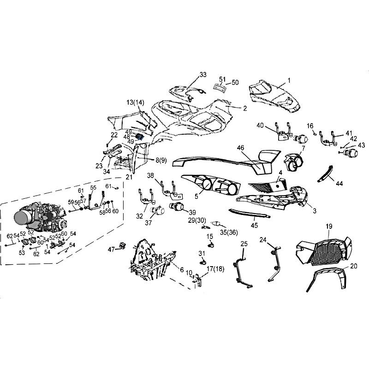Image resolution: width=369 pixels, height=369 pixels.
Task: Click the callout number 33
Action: tap(203, 75)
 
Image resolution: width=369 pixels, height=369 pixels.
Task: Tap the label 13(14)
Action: tap(135, 102)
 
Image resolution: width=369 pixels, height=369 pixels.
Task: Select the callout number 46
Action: tap(240, 148)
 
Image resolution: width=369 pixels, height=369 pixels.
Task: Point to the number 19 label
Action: tap(329, 226)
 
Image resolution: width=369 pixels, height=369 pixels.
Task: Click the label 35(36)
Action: tap(229, 232)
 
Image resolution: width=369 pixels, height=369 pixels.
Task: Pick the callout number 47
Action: tap(111, 249)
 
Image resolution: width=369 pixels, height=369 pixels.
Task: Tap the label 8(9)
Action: tap(161, 160)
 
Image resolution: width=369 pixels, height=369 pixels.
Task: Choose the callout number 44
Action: tap(339, 183)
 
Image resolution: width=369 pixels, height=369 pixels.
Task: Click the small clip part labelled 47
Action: tap(123, 245)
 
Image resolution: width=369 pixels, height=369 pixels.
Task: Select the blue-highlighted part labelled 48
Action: tap(140, 136)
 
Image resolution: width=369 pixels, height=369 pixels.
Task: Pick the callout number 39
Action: tap(192, 213)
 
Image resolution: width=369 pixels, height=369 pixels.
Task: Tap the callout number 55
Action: tap(93, 188)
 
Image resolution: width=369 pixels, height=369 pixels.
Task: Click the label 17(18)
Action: tap(215, 269)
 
